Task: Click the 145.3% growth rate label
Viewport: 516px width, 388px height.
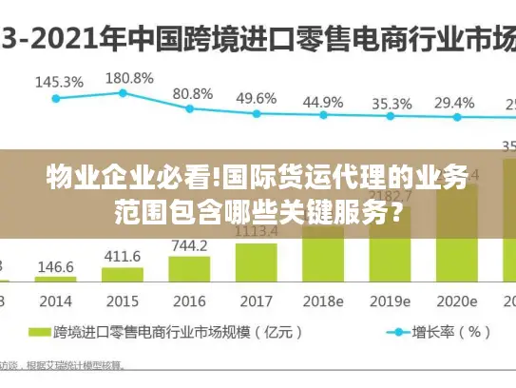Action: [x=58, y=82]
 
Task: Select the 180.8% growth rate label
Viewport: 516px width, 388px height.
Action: [x=128, y=77]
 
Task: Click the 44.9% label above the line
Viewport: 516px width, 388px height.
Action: [x=323, y=101]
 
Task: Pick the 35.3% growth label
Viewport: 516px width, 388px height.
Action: [x=392, y=103]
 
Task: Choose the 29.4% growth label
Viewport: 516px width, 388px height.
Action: [x=453, y=102]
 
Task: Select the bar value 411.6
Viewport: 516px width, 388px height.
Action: [x=122, y=256]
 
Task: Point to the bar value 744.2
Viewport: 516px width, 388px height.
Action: [x=190, y=245]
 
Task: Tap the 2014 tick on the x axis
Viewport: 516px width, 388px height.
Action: [x=56, y=301]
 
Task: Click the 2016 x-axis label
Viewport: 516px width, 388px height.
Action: [x=190, y=301]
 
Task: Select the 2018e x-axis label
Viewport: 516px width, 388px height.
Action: [x=323, y=301]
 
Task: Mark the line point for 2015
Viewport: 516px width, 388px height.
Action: [x=123, y=92]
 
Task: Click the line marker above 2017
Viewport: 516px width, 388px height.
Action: [x=257, y=113]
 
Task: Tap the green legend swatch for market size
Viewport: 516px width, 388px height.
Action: [x=39, y=332]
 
